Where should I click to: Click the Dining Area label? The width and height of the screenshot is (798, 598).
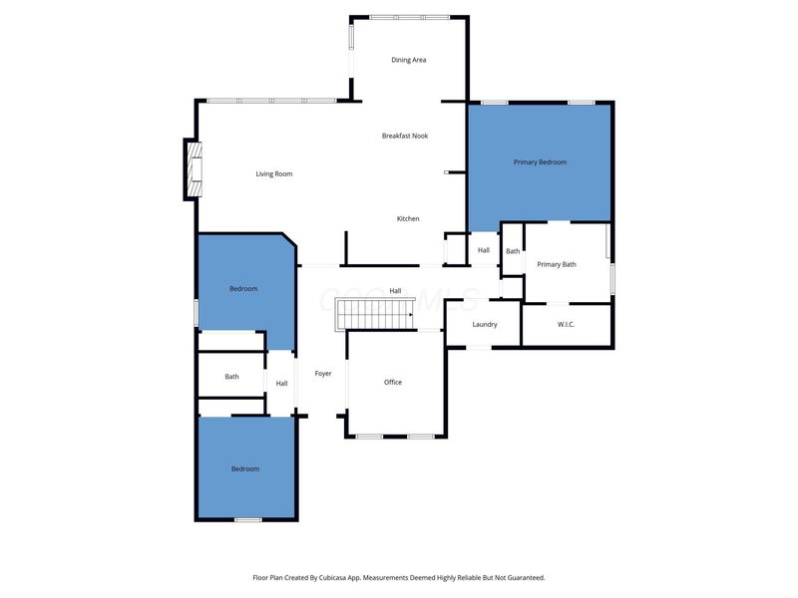(409, 60)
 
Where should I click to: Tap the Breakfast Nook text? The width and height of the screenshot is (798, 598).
(405, 136)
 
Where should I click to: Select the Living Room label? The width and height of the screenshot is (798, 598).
(274, 173)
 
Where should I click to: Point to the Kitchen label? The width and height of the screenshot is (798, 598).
(408, 218)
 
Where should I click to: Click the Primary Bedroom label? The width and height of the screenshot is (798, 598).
(540, 162)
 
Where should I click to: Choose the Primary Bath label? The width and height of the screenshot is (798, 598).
(557, 264)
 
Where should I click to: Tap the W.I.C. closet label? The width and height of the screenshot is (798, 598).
(566, 325)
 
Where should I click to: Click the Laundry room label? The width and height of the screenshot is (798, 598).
(485, 325)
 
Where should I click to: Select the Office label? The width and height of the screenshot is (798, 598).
(393, 382)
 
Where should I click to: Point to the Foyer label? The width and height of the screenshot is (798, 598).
(323, 373)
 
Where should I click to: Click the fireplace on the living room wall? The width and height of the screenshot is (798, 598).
(195, 169)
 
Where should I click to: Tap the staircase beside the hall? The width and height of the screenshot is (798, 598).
(375, 314)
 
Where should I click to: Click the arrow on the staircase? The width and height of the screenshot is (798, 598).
(411, 315)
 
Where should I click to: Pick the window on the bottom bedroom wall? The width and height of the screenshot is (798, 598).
(247, 519)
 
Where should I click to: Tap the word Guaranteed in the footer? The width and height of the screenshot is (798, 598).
(526, 578)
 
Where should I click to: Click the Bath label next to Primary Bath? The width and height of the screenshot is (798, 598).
(513, 251)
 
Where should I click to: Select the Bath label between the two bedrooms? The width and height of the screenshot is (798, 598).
(231, 377)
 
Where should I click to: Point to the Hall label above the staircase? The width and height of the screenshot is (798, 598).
(395, 291)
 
